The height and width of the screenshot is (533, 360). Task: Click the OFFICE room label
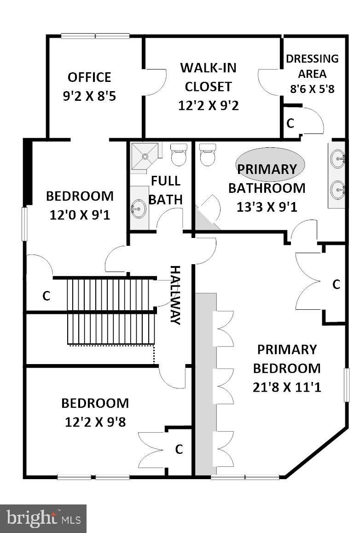(89, 77)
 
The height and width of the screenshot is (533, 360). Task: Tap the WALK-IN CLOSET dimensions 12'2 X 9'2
(208, 105)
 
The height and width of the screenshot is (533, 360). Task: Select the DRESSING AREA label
(312, 66)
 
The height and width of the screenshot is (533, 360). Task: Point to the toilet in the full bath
(179, 155)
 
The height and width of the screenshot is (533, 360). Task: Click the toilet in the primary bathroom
(208, 155)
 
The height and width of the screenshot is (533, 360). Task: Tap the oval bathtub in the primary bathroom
(270, 164)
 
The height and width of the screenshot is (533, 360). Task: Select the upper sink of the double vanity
(338, 159)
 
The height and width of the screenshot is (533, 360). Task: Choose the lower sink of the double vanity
(338, 189)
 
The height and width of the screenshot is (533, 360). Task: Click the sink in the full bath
(139, 209)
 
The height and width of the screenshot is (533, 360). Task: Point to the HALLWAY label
(175, 295)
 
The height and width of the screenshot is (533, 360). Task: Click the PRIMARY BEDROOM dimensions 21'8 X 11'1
(286, 387)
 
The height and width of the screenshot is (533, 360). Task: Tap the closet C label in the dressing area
(290, 123)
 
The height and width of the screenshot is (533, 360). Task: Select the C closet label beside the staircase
(46, 296)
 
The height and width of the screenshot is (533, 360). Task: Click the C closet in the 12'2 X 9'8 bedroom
(179, 449)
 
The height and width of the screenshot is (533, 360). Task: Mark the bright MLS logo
(43, 519)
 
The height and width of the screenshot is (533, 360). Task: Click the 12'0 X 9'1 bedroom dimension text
(80, 215)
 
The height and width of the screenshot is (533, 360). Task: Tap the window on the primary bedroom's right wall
(347, 385)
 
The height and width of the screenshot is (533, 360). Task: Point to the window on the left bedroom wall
(24, 224)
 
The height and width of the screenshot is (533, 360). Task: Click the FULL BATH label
(166, 190)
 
